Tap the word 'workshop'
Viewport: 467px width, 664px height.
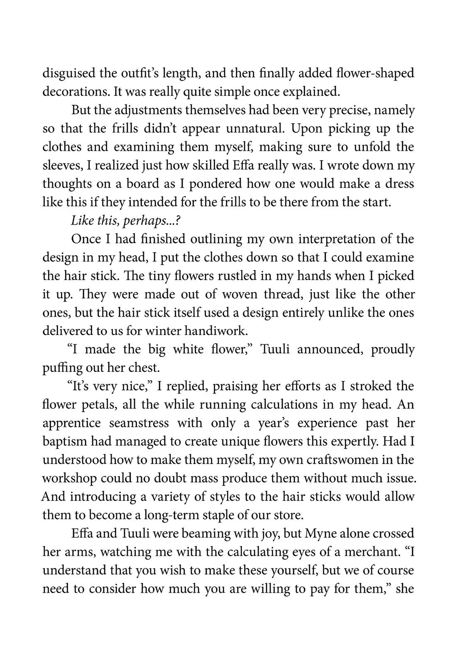(x=69, y=478)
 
